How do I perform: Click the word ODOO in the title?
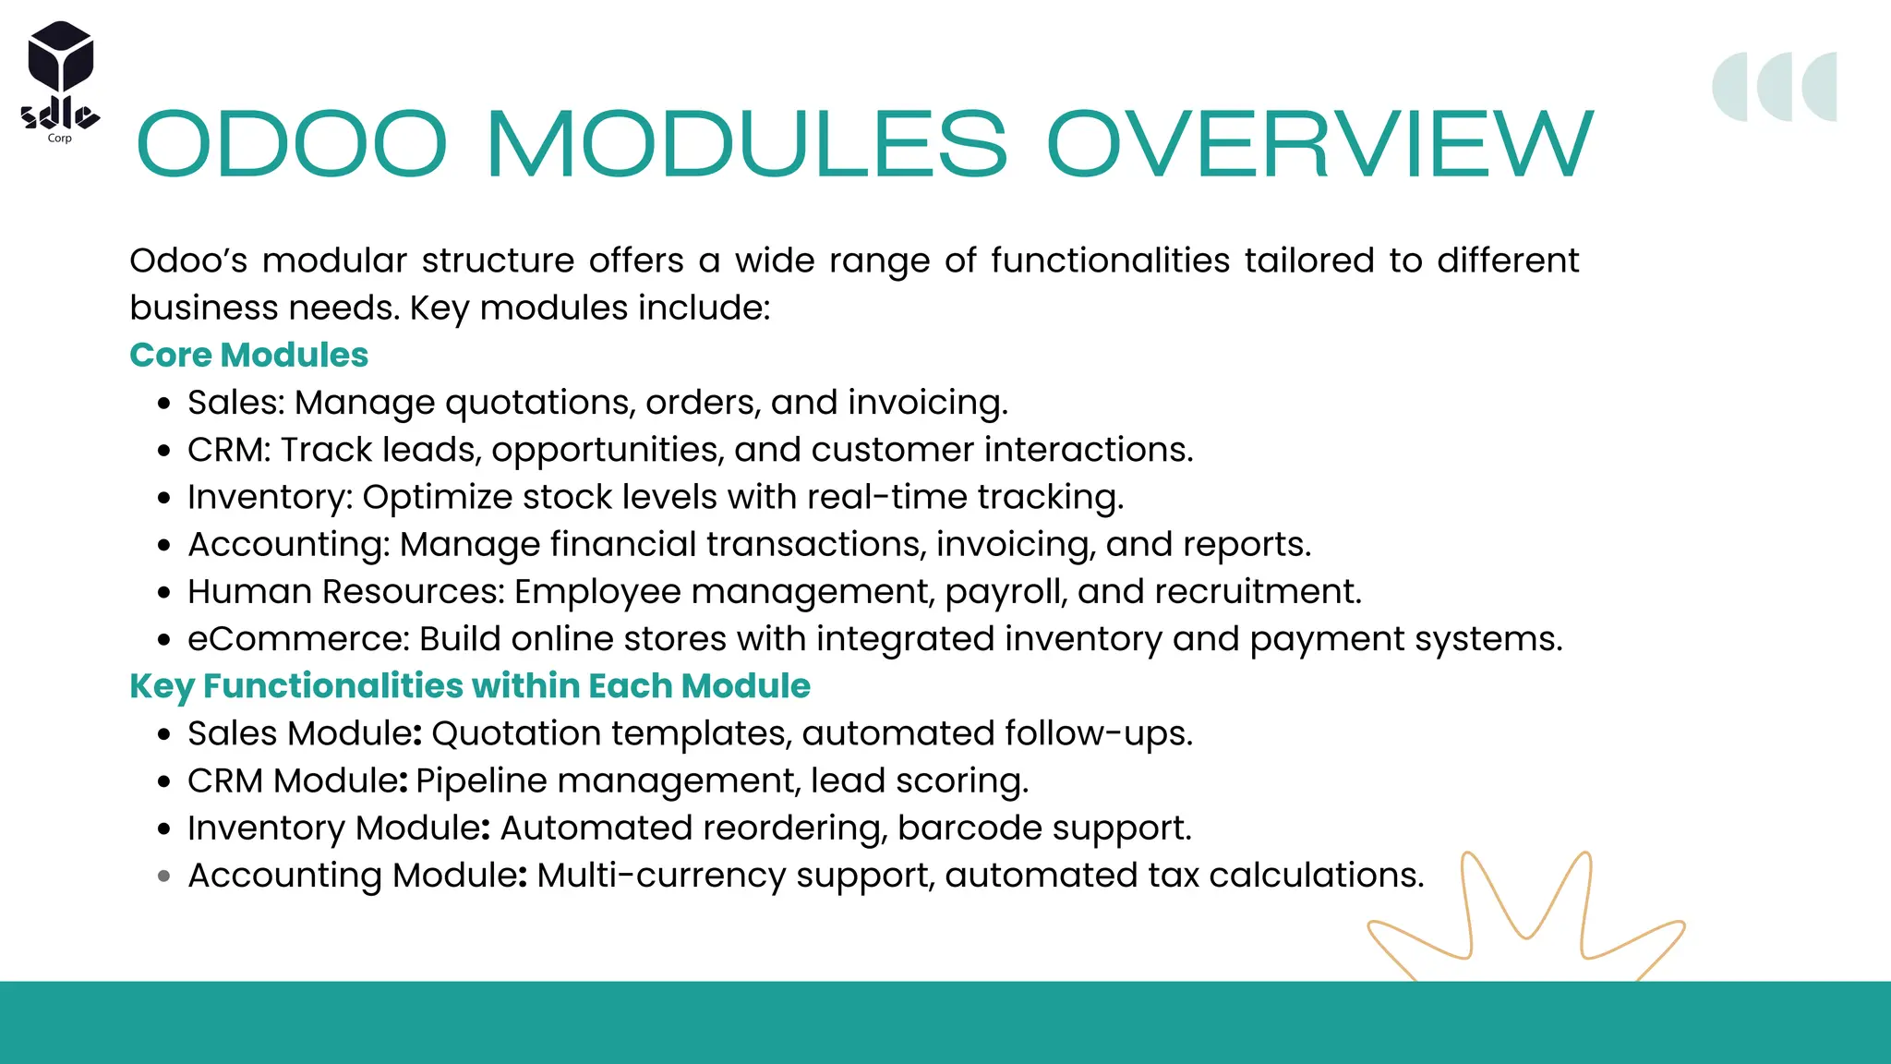[x=292, y=145]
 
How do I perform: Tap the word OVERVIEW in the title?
[x=1319, y=145]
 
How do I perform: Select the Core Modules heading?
[x=248, y=356]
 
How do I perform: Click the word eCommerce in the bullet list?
[x=297, y=639]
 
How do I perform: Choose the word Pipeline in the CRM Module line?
[x=481, y=781]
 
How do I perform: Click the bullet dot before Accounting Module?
[x=164, y=877]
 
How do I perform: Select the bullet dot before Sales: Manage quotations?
[x=164, y=404]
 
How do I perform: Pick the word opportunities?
[x=607, y=451]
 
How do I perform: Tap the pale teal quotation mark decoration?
[x=1774, y=87]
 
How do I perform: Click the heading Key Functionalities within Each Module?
[x=469, y=686]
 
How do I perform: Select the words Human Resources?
[x=345, y=592]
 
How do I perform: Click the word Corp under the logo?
[x=59, y=139]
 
